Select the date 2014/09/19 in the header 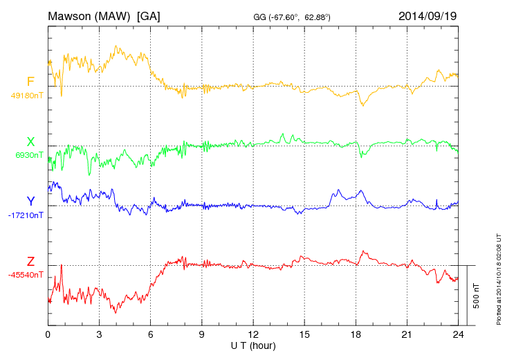428,16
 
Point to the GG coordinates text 292,17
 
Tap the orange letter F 30,82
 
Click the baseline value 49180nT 27,96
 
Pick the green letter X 30,141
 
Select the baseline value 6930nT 29,155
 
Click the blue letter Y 30,201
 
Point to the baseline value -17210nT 26,215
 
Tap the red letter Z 30,261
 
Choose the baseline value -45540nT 26,276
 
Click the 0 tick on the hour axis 48,334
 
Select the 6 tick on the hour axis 150,334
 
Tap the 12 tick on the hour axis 253,334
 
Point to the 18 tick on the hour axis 356,334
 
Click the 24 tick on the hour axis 458,334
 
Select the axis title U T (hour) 253,346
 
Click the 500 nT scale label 477,296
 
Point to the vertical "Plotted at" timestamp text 499,279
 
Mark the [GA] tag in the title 149,17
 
